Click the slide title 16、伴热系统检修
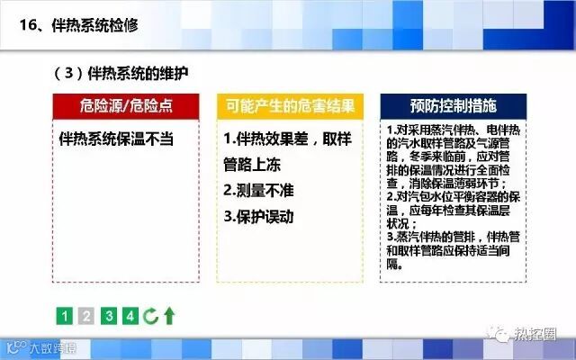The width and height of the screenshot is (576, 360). tap(78, 25)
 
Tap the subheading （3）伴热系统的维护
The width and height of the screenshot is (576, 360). tap(121, 74)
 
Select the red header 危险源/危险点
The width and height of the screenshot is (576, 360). tap(126, 106)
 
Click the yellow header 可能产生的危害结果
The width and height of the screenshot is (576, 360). tap(290, 106)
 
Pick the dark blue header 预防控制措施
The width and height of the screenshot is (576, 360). tap(454, 106)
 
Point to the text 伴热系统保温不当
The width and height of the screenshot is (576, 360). tap(116, 139)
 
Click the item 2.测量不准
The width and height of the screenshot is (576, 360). tap(258, 190)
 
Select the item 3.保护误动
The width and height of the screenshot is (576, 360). tap(258, 216)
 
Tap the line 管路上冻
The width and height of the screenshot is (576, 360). tap(252, 165)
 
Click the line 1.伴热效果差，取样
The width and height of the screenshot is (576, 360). tap(288, 139)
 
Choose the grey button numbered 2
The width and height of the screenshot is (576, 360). tap(86, 316)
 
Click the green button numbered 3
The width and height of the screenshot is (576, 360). tap(109, 316)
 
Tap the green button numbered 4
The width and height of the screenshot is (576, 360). tap(130, 316)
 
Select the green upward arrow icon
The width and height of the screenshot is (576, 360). tap(169, 316)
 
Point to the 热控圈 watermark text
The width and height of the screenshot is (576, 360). tap(535, 335)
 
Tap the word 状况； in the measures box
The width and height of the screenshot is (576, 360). tap(402, 224)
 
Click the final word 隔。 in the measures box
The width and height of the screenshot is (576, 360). tap(394, 264)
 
